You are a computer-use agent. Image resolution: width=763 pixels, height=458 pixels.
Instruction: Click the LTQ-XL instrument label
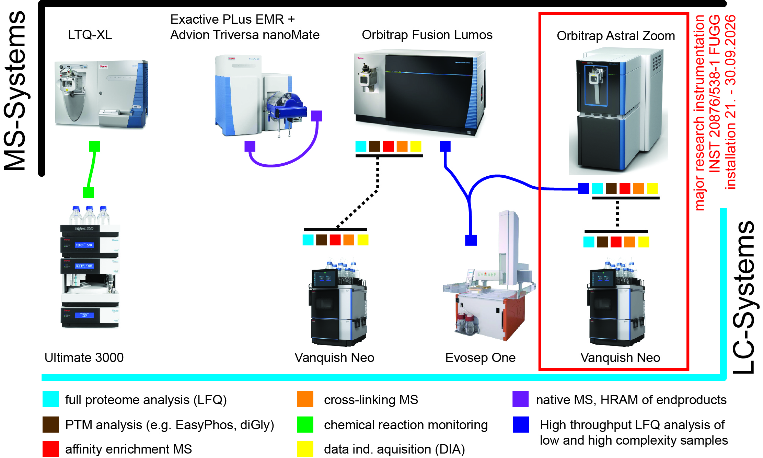pos(90,35)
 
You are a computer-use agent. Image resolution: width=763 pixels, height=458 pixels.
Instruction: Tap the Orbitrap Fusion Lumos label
pos(427,35)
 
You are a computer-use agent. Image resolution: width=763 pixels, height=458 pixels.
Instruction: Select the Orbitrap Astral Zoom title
pos(616,36)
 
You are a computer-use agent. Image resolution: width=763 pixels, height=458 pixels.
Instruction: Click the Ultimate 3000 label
pos(84,357)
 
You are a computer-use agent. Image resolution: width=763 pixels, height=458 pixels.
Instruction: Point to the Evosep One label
pos(480,358)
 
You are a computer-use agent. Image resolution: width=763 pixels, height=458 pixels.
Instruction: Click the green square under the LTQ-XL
pos(94,146)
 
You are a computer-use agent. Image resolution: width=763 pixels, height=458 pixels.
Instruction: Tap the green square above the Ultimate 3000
pos(88,192)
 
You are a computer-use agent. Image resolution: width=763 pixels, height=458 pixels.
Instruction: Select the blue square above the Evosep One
pos(471,240)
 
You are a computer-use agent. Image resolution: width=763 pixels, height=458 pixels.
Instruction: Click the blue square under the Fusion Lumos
pos(445,146)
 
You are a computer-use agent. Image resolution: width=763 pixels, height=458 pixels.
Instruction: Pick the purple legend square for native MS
pos(520,399)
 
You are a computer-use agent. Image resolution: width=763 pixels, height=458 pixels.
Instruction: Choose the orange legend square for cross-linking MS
pos(305,399)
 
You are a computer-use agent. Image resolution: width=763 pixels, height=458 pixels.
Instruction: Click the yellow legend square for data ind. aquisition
pos(305,449)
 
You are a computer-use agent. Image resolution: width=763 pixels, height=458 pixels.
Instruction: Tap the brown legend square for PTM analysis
pos(50,424)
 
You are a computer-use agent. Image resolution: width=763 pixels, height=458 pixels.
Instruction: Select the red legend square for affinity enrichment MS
pos(50,449)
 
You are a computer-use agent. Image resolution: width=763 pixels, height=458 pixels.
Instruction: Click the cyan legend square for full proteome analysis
pos(50,399)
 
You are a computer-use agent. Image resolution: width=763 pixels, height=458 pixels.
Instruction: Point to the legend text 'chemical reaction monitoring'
pos(406,425)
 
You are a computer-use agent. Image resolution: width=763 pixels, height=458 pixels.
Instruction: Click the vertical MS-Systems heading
pos(15,91)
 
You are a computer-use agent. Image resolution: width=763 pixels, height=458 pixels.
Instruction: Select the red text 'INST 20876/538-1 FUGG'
pos(715,93)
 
